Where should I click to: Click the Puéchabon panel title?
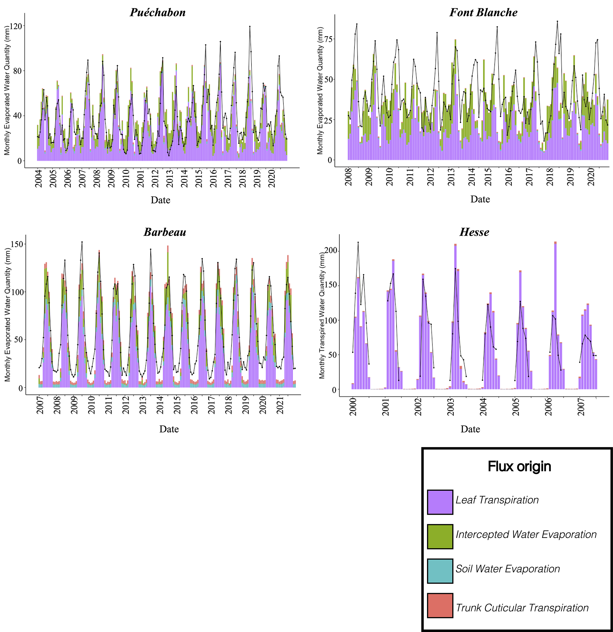tap(157, 12)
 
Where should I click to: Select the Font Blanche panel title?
tap(483, 12)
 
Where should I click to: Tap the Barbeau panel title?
tap(165, 232)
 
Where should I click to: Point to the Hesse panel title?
tap(474, 232)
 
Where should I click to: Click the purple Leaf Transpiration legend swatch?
tap(440, 502)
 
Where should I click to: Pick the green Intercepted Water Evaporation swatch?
tap(440, 536)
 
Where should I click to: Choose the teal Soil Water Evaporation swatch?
tap(440, 571)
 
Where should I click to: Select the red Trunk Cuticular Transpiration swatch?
tap(440, 606)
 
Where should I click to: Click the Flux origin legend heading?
tap(519, 467)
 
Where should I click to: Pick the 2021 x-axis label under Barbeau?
tap(280, 405)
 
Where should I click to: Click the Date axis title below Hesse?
tap(470, 429)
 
